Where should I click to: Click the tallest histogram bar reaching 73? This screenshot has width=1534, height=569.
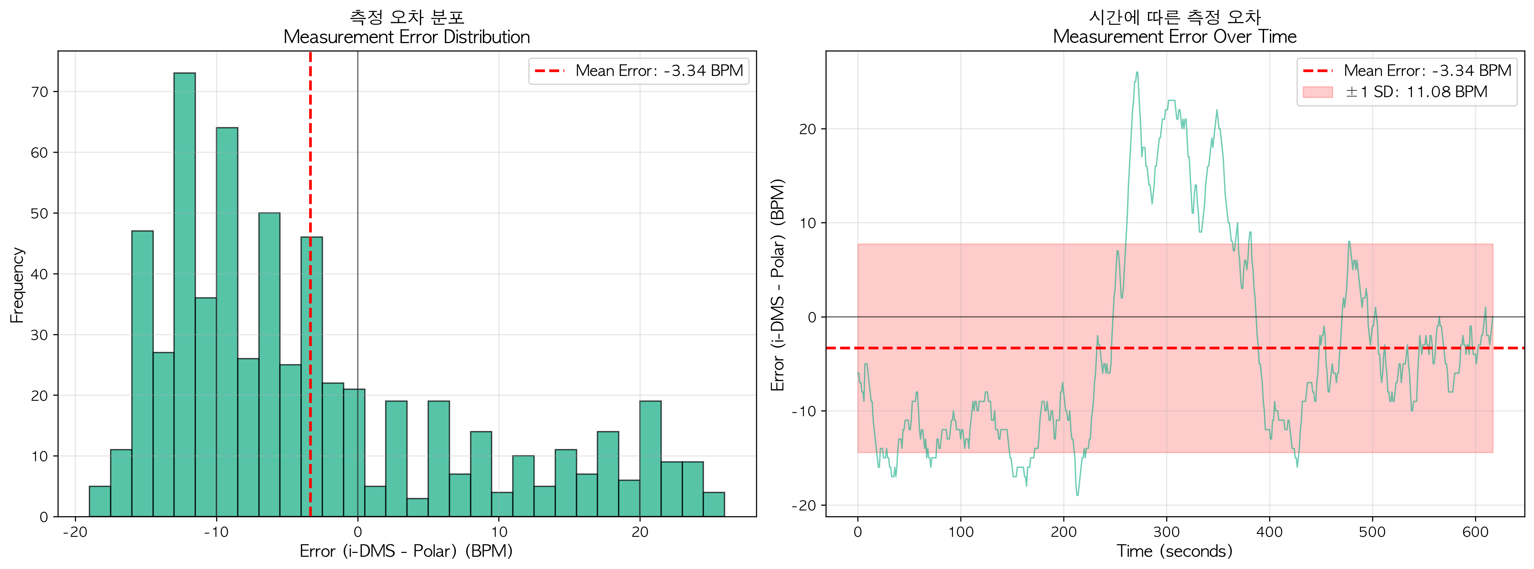[x=185, y=295]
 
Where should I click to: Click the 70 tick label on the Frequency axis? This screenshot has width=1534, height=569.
[x=39, y=92]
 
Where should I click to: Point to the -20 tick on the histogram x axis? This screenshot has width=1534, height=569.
[x=75, y=531]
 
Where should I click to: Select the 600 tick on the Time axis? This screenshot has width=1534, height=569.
[x=1475, y=531]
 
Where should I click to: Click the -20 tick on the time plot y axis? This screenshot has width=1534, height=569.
[x=803, y=505]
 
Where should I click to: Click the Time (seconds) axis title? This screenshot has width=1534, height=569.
[x=1174, y=551]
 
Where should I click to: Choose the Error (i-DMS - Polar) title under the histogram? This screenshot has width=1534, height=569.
[x=406, y=551]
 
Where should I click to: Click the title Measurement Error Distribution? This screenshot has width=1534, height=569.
[x=406, y=37]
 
